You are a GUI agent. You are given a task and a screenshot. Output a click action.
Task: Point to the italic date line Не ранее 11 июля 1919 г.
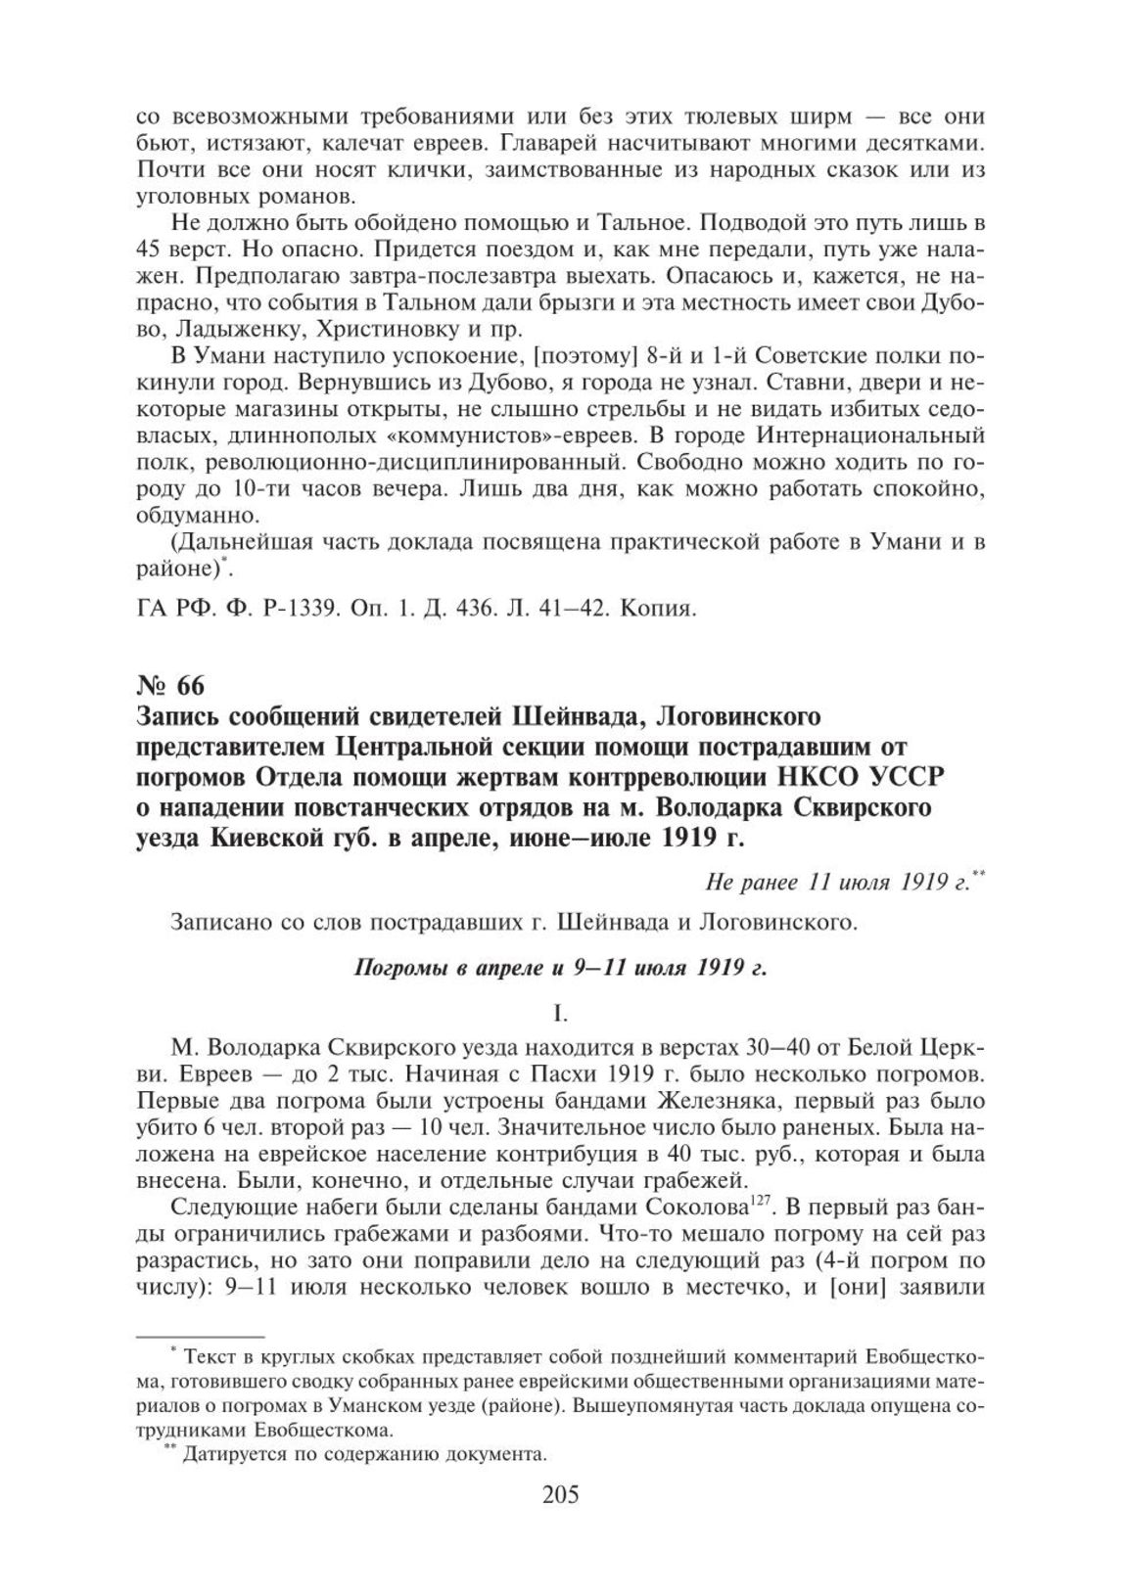(843, 883)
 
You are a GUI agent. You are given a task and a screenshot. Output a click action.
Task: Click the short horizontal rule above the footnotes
(199, 1335)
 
